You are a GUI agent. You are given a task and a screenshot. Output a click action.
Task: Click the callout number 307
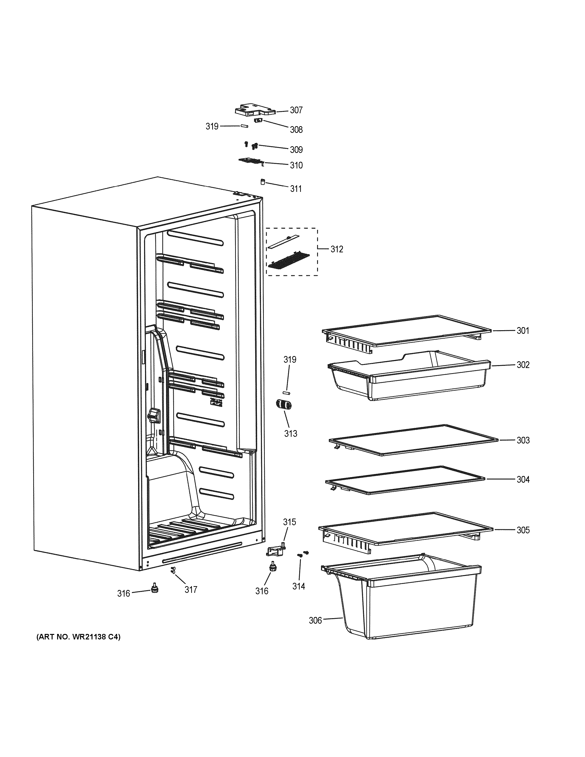point(296,110)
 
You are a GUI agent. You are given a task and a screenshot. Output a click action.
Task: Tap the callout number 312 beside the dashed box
point(336,249)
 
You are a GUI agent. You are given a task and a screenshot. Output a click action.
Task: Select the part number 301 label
point(523,331)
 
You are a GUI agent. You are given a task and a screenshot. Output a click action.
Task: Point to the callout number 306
point(315,620)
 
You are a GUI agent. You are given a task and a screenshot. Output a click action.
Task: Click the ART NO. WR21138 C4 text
point(79,637)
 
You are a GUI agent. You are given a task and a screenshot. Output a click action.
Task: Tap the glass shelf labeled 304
point(406,480)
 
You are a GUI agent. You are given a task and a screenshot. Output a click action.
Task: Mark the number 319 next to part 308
point(212,126)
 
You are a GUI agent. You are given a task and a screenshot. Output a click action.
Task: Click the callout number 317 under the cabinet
point(191,589)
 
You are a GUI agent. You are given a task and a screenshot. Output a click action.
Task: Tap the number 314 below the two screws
point(298,586)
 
